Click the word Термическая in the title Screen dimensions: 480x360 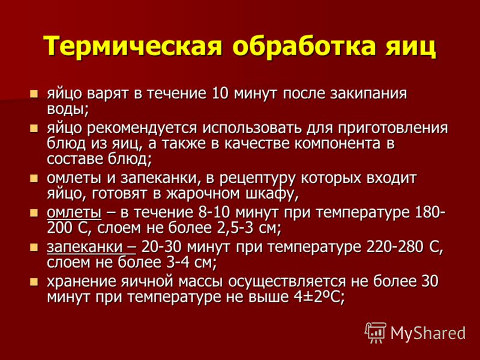point(132,46)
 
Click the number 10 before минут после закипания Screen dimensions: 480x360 point(220,94)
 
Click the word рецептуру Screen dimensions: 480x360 point(257,178)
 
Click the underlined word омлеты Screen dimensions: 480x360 point(74,213)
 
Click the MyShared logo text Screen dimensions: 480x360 point(428,334)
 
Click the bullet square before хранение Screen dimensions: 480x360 point(34,281)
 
